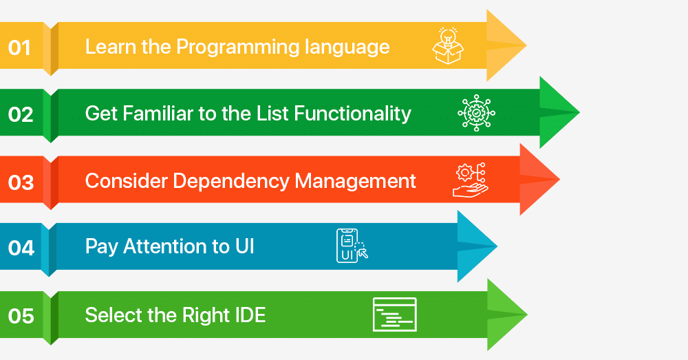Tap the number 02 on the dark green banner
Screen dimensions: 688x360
tap(21, 114)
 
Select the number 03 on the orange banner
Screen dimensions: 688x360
tap(21, 182)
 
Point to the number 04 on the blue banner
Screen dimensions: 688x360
tap(21, 248)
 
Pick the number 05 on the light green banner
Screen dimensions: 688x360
tap(21, 316)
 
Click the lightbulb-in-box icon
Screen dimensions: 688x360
tap(448, 45)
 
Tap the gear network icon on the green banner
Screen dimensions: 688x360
tap(477, 113)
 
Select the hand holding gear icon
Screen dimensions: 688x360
tap(471, 180)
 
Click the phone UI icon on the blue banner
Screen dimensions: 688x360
tap(352, 246)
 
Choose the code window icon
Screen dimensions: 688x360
tap(395, 315)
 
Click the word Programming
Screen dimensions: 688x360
tap(237, 47)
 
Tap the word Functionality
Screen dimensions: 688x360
tap(352, 114)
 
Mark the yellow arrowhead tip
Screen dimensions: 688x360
tap(526, 45)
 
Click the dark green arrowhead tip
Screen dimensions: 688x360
tap(579, 112)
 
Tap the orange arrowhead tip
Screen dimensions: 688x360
tap(559, 179)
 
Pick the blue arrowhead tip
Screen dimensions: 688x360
tap(497, 246)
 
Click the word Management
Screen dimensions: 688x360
tap(356, 181)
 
